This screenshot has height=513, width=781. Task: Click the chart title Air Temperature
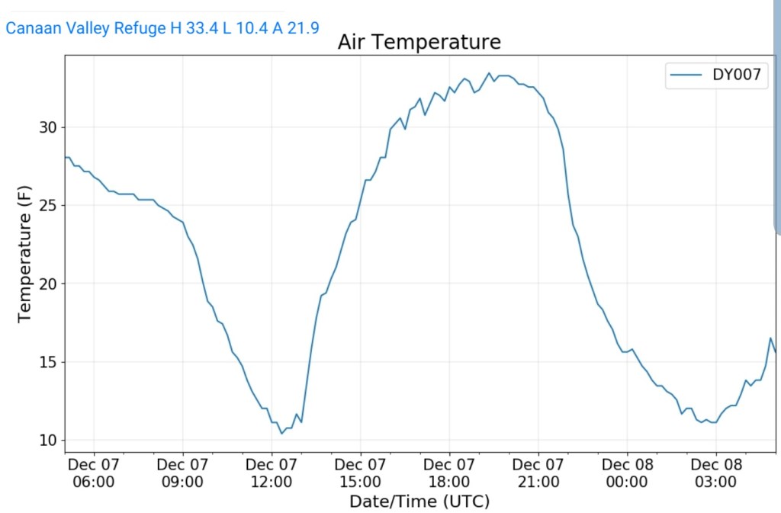[x=419, y=42]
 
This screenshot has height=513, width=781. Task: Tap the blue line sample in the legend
[x=683, y=75]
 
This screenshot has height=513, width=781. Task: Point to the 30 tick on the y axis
[x=48, y=127]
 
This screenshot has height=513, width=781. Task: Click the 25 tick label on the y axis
[x=48, y=206]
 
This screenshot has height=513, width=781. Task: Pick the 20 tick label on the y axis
[x=48, y=284]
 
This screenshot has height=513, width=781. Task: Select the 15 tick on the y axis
[x=48, y=362]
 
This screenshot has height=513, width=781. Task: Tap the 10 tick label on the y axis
[x=48, y=441]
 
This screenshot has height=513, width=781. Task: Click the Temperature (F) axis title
[x=24, y=256]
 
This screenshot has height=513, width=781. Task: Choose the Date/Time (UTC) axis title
[x=419, y=502]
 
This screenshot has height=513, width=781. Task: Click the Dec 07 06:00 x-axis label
[x=94, y=473]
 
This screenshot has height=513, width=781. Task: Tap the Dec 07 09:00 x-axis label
[x=183, y=473]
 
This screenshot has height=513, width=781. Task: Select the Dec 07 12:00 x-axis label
[x=272, y=473]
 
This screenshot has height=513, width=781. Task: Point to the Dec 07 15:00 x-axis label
[x=360, y=473]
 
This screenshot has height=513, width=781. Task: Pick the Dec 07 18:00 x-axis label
[x=449, y=473]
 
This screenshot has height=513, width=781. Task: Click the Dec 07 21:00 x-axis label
[x=538, y=473]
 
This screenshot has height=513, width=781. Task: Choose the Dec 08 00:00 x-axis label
[x=627, y=473]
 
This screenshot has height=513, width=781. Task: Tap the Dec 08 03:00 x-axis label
[x=715, y=473]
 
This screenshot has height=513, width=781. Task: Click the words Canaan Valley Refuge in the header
[x=76, y=29]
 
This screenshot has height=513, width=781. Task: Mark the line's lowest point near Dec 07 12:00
[x=281, y=434]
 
